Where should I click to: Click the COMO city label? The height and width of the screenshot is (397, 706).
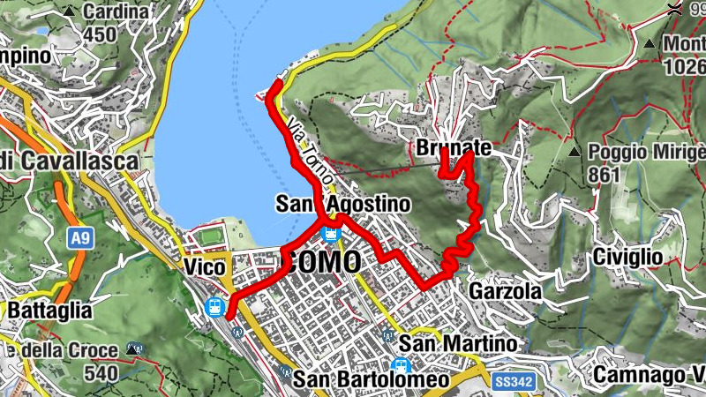click(x=322, y=261)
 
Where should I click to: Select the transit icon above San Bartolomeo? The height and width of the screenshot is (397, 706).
click(x=401, y=364)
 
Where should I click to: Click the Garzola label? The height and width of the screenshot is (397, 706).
click(x=504, y=290)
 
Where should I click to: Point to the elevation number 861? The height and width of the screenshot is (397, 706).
click(x=605, y=175)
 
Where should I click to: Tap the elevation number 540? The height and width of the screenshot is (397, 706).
click(x=101, y=373)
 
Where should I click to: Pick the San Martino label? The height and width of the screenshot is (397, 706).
click(x=456, y=342)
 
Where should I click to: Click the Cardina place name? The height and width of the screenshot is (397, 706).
click(x=115, y=12)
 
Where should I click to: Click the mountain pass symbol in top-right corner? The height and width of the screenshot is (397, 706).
click(x=673, y=10)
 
